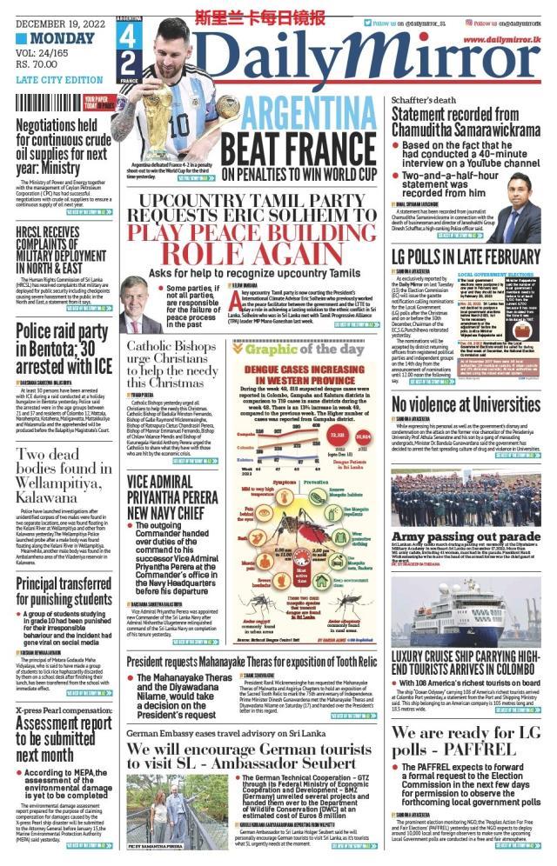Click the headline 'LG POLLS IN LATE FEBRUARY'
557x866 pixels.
[466, 256]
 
